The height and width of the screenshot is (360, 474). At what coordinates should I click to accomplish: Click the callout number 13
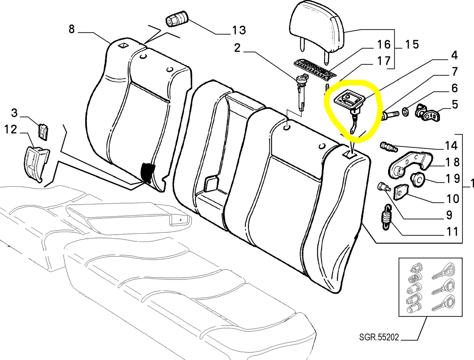coord(239,30)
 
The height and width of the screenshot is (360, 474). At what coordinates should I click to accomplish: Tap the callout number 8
coord(72,29)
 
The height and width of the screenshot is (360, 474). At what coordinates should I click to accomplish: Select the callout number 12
coord(10,129)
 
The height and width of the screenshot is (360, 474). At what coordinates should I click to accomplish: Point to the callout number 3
coord(14,113)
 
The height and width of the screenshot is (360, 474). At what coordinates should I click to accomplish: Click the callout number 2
coord(237,48)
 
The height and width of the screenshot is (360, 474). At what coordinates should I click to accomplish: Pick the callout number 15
coord(412,45)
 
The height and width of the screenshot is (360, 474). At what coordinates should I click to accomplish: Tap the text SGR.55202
coord(379,337)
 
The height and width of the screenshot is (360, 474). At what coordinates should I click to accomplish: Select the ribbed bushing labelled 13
coord(177,19)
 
